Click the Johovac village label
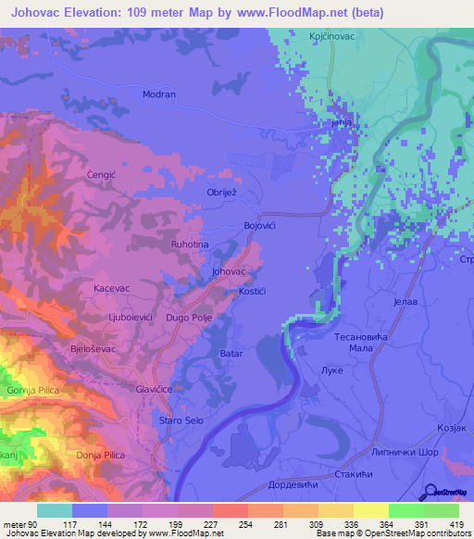(228, 272)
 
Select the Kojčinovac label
(332, 35)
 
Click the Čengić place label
(100, 173)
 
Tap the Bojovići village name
(260, 226)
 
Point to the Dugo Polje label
(189, 318)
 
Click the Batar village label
(231, 354)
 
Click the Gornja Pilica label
(33, 391)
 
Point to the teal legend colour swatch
(55, 510)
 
